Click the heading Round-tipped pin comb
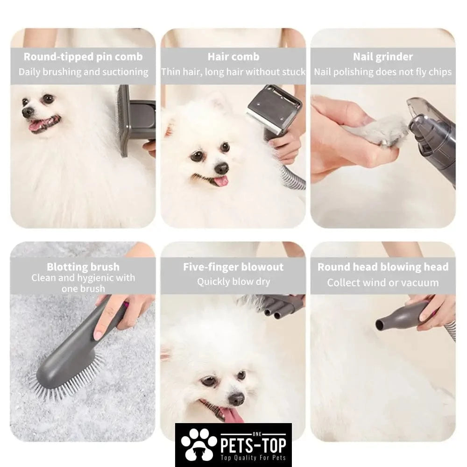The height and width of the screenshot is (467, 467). click(83, 57)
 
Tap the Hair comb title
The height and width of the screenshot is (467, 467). click(233, 57)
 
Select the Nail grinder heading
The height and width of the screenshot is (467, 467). click(383, 57)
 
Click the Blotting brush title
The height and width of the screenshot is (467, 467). click(83, 267)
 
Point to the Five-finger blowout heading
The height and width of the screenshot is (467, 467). click(233, 267)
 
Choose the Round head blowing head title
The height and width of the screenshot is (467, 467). click(383, 267)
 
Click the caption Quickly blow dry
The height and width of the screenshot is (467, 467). click(233, 282)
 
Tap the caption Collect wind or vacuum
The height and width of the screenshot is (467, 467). click(383, 283)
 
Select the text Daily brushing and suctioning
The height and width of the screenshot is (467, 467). click(83, 72)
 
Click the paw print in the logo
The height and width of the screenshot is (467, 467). click(198, 445)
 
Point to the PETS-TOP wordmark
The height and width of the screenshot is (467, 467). click(253, 445)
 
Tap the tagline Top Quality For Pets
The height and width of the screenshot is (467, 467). click(253, 458)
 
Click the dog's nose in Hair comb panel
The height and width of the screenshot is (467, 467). click(221, 169)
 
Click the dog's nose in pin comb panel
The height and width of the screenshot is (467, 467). click(28, 112)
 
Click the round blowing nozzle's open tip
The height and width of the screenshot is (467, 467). click(380, 325)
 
